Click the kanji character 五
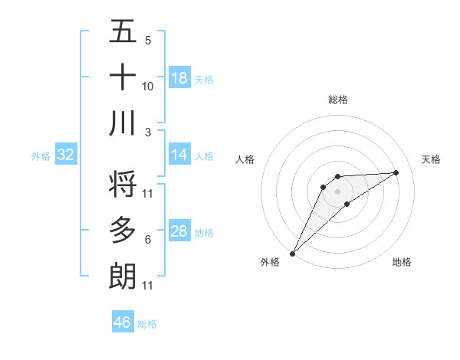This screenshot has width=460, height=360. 123,32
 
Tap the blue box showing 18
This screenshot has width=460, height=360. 179,78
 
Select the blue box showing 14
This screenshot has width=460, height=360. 179,155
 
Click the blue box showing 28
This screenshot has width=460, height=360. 179,231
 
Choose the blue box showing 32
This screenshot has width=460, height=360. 66,155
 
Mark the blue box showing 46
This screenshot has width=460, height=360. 123,322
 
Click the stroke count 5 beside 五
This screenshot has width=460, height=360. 147,41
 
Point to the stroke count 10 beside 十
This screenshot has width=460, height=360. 148,86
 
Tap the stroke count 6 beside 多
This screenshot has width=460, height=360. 147,240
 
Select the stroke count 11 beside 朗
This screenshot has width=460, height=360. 148,286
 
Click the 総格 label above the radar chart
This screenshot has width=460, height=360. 337,100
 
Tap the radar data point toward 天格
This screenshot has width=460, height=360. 396,172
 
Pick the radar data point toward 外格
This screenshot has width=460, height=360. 292,253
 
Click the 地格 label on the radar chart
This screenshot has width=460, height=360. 402,263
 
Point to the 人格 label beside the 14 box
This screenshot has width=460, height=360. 204,155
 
